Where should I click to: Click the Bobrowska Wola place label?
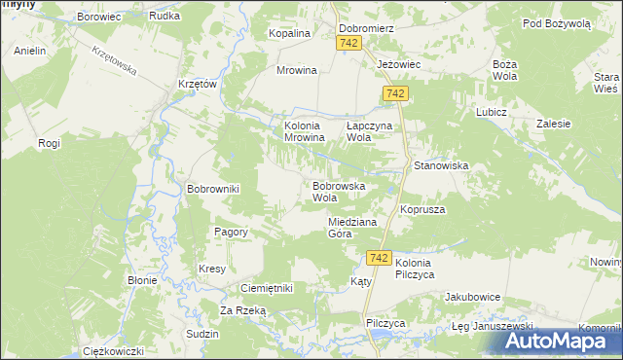[x=338, y=191]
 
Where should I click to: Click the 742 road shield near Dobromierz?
[x=350, y=45]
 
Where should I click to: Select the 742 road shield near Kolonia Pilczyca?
[x=380, y=258]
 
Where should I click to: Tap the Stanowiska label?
[x=441, y=166]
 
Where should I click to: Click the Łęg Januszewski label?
[x=494, y=326]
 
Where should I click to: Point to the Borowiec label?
[x=98, y=18]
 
